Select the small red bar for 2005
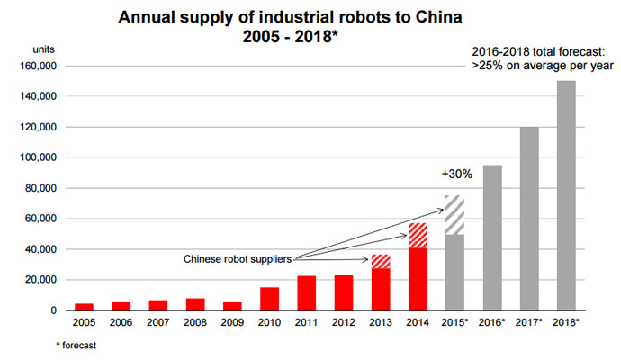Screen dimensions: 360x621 coord(84,307)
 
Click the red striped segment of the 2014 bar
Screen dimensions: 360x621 coord(418,236)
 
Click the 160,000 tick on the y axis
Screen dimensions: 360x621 coord(35,66)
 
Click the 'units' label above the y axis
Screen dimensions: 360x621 coord(33,49)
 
